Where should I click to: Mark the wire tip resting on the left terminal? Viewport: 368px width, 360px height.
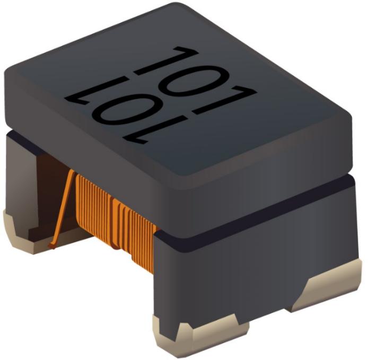pyautogui.click(x=53, y=245)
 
